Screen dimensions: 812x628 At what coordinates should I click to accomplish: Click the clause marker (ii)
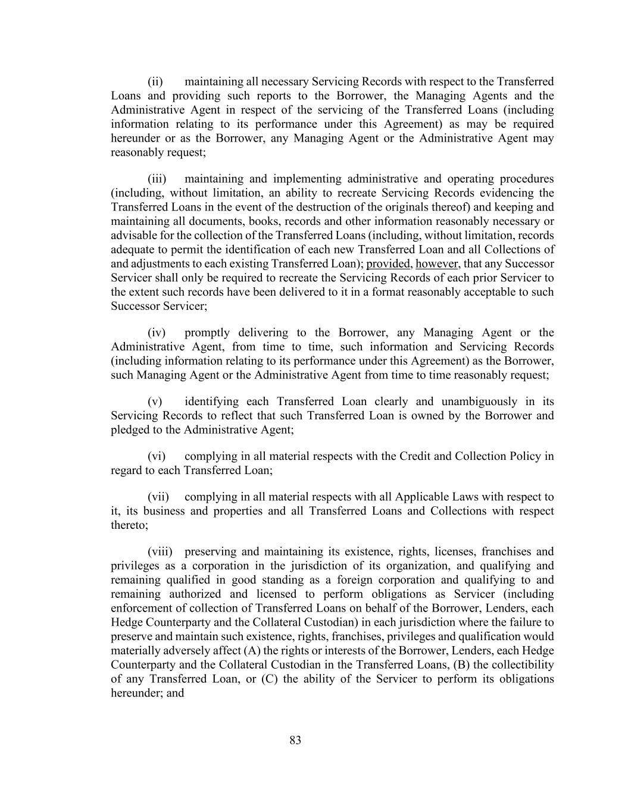(155, 81)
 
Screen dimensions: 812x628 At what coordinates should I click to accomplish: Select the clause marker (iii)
(157, 179)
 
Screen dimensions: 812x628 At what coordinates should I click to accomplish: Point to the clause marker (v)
(155, 402)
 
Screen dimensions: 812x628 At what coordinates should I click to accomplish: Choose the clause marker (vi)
(157, 456)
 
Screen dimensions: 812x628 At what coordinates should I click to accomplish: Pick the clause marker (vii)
(158, 497)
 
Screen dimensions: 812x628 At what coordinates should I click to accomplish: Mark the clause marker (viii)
(160, 551)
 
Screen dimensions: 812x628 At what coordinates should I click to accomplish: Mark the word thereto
(129, 525)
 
